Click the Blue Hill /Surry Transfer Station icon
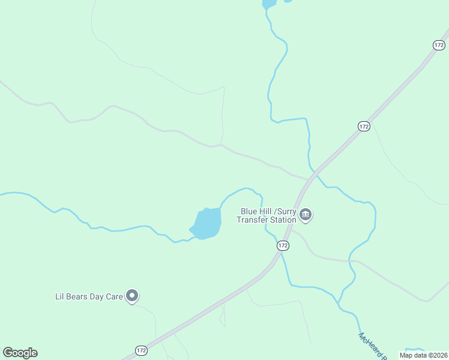(306, 215)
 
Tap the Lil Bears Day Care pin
(133, 296)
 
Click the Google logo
(20, 353)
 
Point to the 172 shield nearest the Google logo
(141, 350)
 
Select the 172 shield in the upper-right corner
(439, 45)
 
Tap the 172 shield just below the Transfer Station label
(283, 246)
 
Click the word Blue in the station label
(249, 211)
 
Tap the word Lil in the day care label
(59, 296)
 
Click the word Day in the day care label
(98, 296)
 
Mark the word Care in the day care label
(115, 296)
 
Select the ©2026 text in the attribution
(436, 355)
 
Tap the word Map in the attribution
(406, 355)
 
